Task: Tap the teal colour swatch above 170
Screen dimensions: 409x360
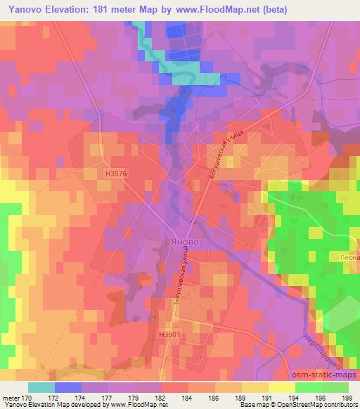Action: click(x=41, y=387)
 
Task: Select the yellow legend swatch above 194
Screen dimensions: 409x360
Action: click(x=281, y=387)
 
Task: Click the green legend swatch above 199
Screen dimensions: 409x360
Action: click(x=335, y=387)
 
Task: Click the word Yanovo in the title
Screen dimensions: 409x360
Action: click(x=27, y=8)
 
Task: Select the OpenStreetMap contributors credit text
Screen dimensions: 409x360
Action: click(x=323, y=405)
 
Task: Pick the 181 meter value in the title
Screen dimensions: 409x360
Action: click(x=119, y=8)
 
